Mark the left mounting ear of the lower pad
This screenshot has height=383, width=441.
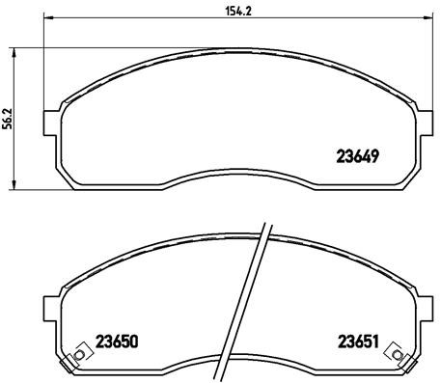tap(52, 311)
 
